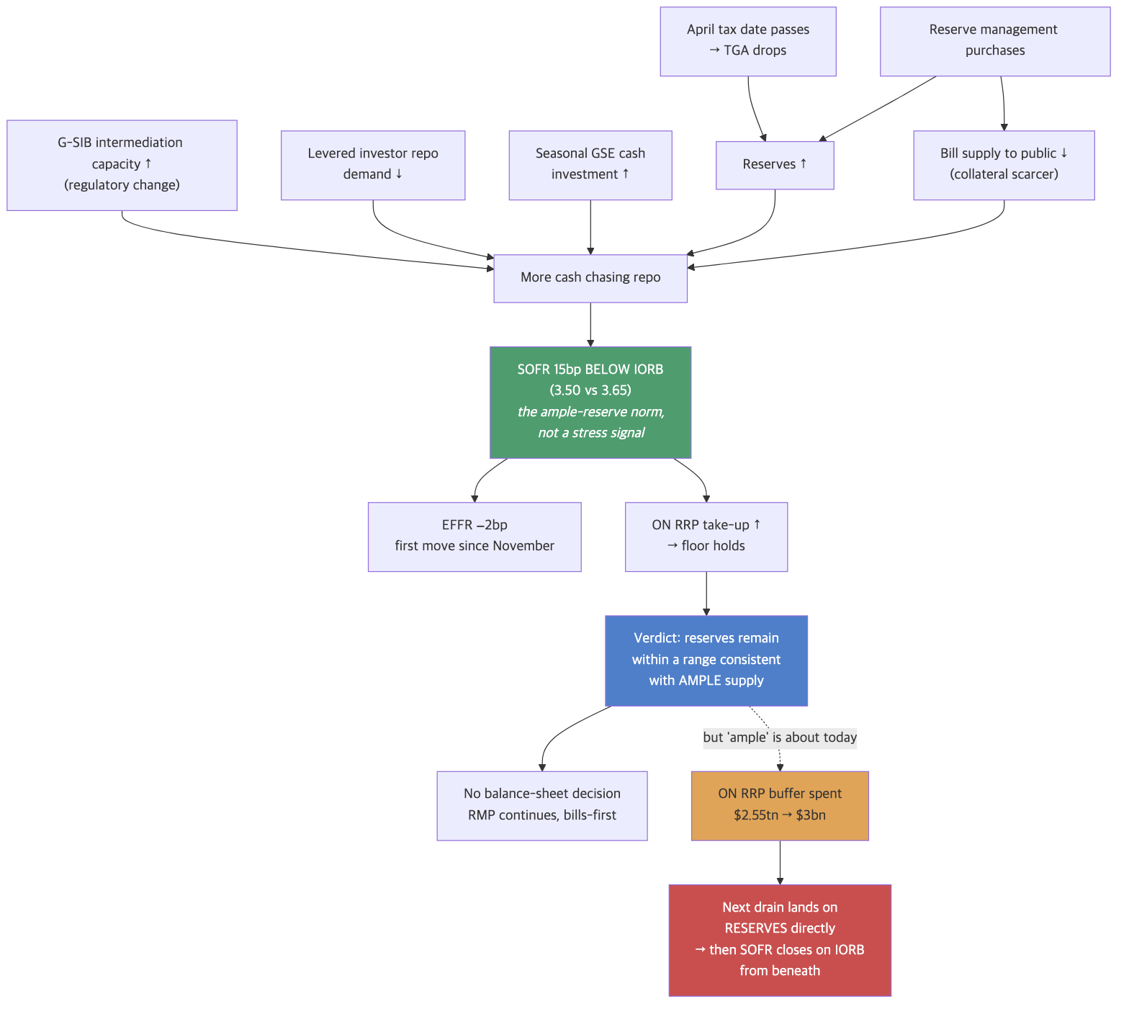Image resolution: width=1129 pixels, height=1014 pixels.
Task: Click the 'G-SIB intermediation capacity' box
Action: pos(122,165)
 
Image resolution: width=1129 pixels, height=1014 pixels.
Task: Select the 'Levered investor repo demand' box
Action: pos(373,165)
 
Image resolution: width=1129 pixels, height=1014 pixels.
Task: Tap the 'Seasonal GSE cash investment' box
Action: pos(590,165)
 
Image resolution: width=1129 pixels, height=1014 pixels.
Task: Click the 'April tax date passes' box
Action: pos(748,41)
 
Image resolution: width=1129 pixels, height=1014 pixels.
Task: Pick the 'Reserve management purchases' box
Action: pos(995,41)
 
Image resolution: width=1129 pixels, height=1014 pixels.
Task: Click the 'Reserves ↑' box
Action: pos(775,165)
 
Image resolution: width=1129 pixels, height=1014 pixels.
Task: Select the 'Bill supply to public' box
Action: pos(1004,165)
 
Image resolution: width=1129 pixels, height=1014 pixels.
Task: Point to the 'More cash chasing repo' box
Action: pos(590,278)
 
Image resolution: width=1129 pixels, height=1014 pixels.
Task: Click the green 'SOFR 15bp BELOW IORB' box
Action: pos(590,402)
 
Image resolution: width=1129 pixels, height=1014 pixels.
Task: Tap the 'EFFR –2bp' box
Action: pos(474,537)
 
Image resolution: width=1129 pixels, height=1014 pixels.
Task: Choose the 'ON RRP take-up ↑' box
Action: pos(706,537)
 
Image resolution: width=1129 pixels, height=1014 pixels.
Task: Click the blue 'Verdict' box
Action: pos(706,660)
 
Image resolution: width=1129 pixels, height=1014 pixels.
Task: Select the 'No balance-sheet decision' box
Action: pos(542,806)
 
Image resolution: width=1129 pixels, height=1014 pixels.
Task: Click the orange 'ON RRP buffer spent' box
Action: pos(780,806)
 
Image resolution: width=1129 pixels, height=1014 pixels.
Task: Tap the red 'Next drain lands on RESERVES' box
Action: pos(780,940)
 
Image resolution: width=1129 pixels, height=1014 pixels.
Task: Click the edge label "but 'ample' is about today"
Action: pos(780,737)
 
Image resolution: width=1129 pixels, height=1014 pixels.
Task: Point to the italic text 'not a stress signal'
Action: pos(591,433)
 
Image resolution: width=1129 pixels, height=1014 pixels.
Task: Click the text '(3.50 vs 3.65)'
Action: pos(590,390)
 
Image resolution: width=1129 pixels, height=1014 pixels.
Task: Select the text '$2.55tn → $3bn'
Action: pos(780,815)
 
